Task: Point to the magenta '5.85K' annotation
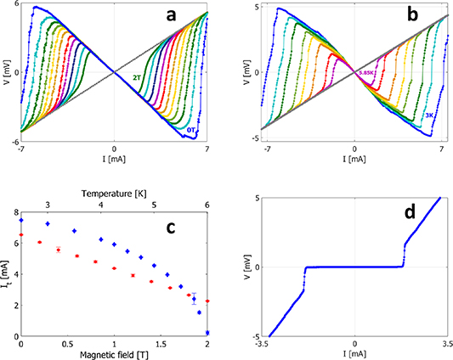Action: coord(367,74)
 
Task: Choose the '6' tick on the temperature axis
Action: coord(207,205)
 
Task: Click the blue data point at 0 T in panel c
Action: coord(21,220)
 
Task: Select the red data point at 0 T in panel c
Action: coord(21,235)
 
